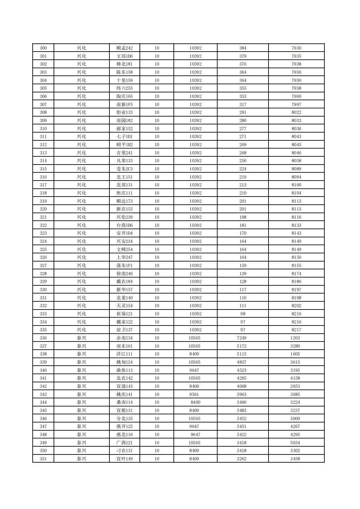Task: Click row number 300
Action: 43,48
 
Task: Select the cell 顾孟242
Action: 124,48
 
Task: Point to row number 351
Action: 43,459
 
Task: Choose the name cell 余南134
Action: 124,338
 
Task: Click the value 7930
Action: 296,48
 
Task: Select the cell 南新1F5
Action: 124,104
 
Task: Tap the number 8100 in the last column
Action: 296,185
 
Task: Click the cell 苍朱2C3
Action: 124,169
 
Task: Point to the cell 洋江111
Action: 124,354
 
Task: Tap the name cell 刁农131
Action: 124,451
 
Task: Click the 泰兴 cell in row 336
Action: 81,338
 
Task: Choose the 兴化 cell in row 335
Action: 81,330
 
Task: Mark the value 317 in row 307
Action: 243,104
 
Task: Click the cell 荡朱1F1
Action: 124,265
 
